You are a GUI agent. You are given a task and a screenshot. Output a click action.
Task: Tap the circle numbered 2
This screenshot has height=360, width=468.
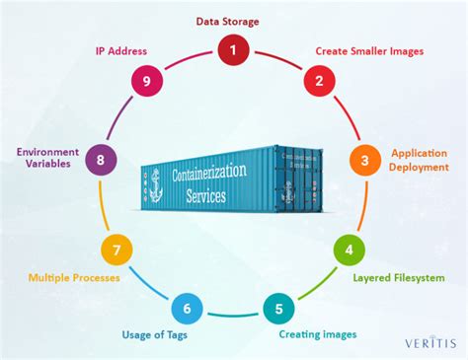(x=319, y=82)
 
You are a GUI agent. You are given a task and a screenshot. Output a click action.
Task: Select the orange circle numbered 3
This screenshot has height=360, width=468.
(x=365, y=160)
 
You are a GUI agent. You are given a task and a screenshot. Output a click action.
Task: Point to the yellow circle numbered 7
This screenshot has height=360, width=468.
(x=117, y=250)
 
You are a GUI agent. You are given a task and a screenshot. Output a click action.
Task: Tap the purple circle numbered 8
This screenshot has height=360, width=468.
(x=100, y=158)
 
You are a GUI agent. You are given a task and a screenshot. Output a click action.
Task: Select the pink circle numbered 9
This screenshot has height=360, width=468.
(x=147, y=82)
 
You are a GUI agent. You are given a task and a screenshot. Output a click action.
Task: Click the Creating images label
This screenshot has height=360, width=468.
(x=317, y=335)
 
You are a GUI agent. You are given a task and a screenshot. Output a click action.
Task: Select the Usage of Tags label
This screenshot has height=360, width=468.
(x=154, y=334)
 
